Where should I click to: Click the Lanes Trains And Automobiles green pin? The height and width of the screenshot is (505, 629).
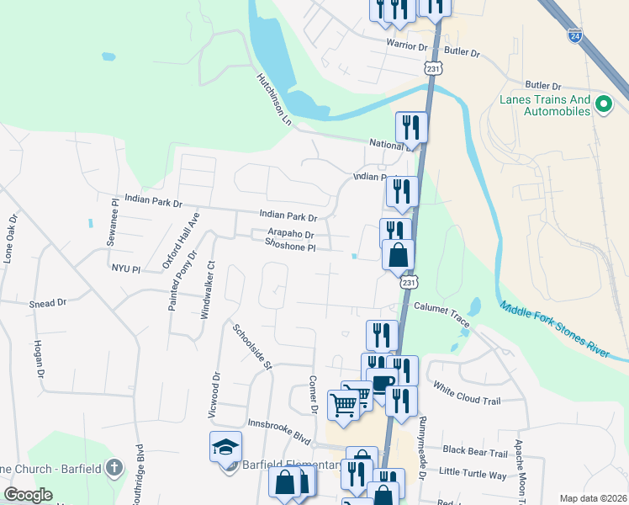(x=603, y=104)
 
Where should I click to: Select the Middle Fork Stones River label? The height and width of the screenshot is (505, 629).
(x=554, y=331)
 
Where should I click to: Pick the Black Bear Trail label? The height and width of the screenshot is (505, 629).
(x=476, y=452)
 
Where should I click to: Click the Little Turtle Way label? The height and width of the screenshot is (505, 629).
(x=473, y=473)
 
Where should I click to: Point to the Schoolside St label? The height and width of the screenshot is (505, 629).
(x=253, y=347)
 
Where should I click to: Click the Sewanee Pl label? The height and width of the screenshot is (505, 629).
(x=115, y=219)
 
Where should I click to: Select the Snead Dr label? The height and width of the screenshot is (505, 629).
(x=47, y=303)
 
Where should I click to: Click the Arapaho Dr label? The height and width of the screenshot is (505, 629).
(x=291, y=236)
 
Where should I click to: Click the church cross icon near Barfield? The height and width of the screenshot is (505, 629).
(x=115, y=467)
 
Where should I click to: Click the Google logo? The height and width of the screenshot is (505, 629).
(x=28, y=495)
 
